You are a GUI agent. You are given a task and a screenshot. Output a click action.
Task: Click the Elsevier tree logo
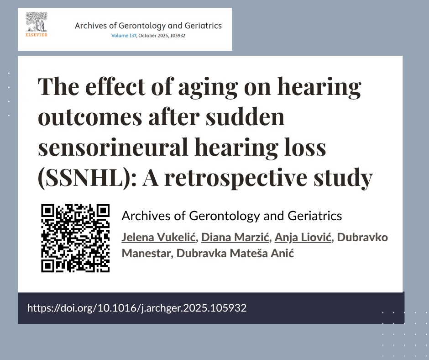(x=37, y=22)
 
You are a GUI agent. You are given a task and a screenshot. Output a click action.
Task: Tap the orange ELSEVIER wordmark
(x=37, y=35)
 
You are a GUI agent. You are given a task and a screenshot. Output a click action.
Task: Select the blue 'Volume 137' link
(x=124, y=36)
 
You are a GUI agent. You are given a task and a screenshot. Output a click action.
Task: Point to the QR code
(x=75, y=238)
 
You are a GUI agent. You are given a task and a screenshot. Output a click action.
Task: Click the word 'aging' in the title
(x=208, y=87)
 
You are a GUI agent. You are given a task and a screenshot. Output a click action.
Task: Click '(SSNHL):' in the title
(x=87, y=178)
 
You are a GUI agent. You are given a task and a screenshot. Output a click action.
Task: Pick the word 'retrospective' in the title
(x=236, y=178)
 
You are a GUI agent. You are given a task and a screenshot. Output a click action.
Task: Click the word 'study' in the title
(x=343, y=178)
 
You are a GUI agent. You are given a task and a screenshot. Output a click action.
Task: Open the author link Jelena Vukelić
(x=159, y=237)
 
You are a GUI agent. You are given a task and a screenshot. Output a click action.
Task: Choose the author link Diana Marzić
(x=235, y=237)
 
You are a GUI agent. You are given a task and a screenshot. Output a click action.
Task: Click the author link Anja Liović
(x=303, y=238)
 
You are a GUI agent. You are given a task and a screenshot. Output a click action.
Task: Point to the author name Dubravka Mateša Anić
(x=235, y=253)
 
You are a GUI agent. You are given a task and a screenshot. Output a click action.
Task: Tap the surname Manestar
(x=146, y=253)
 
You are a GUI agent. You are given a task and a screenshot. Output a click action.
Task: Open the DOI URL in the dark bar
(x=137, y=308)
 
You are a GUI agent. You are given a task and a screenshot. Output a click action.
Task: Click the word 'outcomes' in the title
(x=90, y=117)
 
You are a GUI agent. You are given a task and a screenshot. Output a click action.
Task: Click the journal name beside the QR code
(x=232, y=216)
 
